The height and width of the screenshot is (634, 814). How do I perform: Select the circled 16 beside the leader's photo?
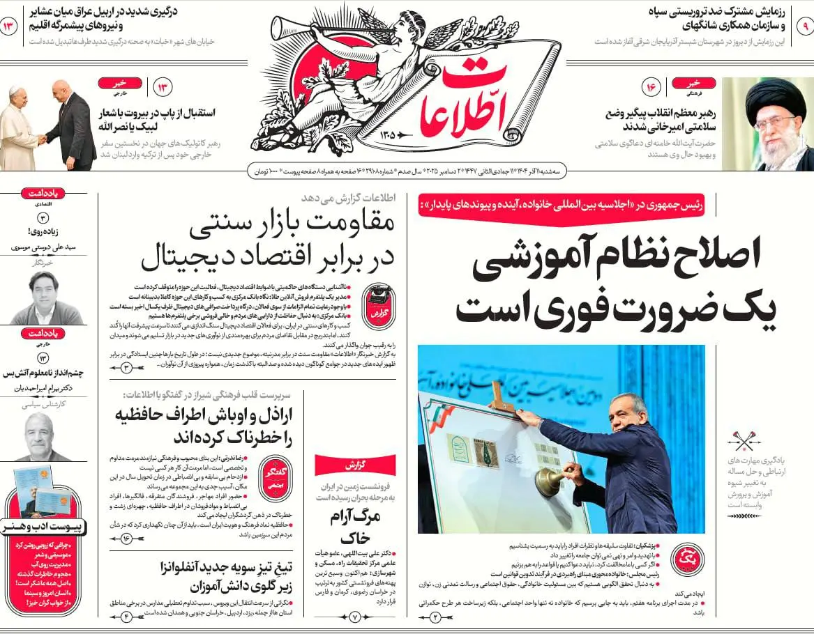pos(653,87)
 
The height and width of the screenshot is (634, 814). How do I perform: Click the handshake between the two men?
pos(43,139)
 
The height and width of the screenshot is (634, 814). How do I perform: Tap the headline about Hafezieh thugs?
pos(202,426)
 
